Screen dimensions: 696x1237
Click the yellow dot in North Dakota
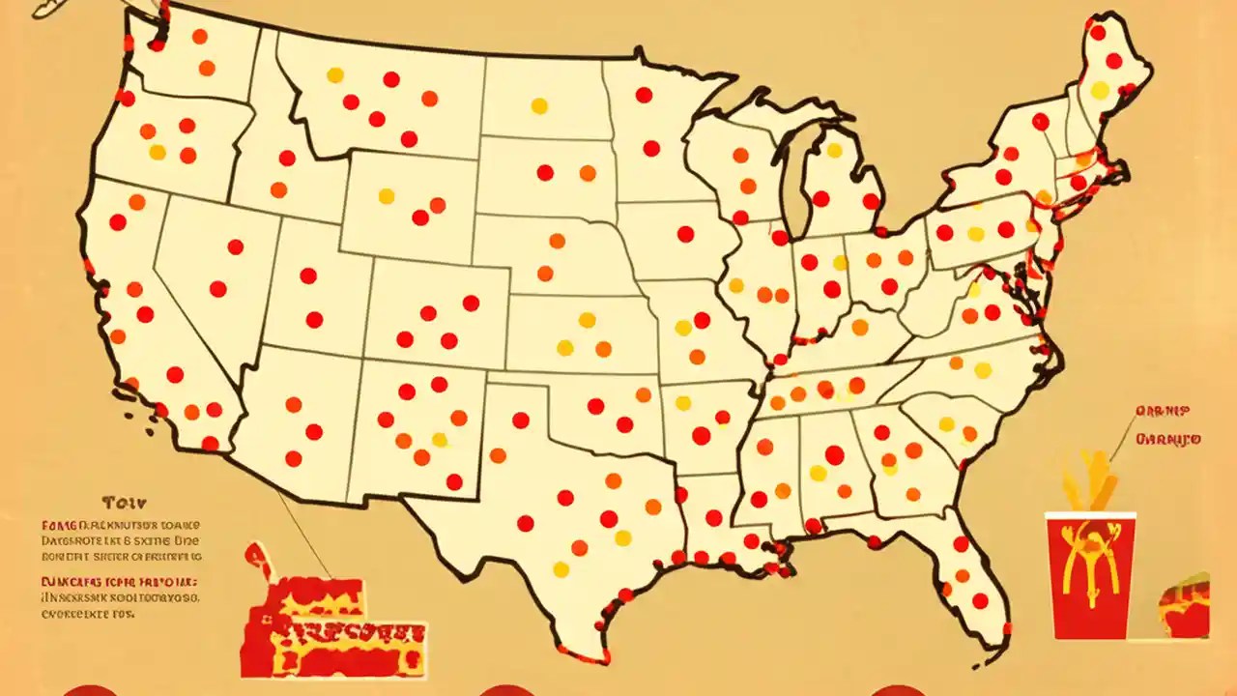click(x=539, y=105)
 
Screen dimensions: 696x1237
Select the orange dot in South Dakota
click(x=588, y=173)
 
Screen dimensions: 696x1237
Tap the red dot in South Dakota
click(x=545, y=173)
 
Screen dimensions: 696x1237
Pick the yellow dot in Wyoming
click(x=387, y=196)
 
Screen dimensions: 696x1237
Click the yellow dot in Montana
click(x=335, y=74)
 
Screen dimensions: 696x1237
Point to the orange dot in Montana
click(x=429, y=99)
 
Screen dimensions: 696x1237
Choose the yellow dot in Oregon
click(x=158, y=152)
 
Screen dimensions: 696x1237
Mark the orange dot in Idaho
click(x=278, y=189)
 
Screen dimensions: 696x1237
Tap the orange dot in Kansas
click(x=603, y=349)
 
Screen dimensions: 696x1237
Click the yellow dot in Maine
click(x=1100, y=90)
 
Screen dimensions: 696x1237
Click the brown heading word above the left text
click(x=124, y=503)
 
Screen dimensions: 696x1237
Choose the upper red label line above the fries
click(x=1168, y=410)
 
